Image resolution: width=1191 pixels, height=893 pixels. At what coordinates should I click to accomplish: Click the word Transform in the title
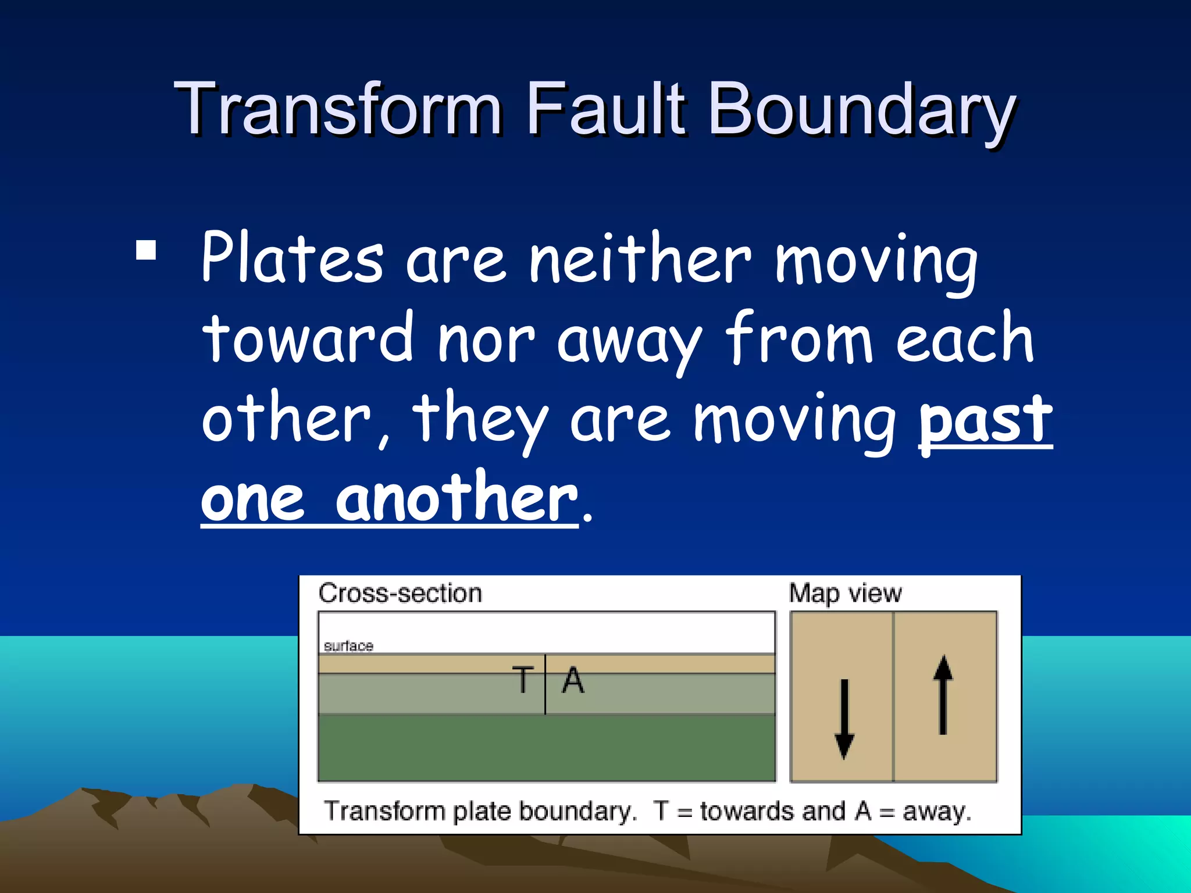[x=337, y=109]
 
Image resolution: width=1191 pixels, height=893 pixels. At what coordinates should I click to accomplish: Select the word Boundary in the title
[x=861, y=110]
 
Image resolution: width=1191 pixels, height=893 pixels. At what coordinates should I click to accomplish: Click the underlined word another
[x=456, y=498]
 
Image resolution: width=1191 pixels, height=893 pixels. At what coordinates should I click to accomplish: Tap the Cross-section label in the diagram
[x=400, y=594]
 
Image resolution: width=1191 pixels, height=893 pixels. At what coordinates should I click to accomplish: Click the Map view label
[x=845, y=594]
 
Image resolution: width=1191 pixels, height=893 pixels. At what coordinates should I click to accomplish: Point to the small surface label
[x=348, y=646]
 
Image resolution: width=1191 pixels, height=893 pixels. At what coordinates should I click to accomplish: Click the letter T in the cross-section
[x=522, y=680]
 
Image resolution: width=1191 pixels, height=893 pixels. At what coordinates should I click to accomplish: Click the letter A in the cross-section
[x=573, y=680]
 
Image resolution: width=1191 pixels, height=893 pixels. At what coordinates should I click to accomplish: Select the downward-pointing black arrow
[x=844, y=719]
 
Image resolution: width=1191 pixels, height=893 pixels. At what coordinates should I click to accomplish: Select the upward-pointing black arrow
[x=943, y=695]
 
